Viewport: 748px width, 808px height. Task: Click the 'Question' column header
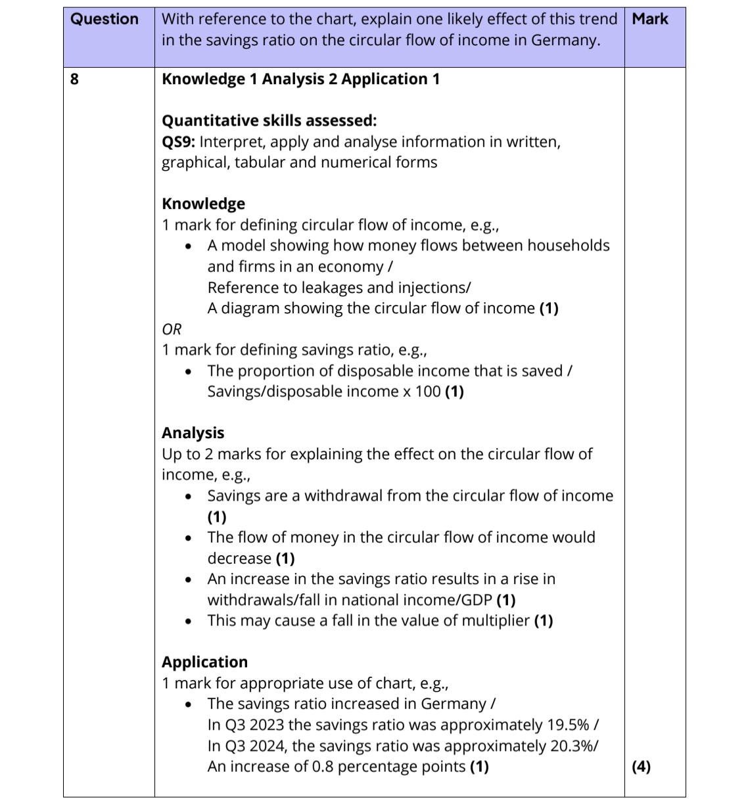pos(105,19)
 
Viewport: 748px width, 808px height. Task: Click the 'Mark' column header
pos(650,19)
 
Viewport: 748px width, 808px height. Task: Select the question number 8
pos(74,79)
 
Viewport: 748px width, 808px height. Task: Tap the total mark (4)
pos(641,767)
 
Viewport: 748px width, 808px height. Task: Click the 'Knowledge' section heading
pos(203,204)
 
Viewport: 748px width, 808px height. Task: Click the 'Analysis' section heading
pos(193,433)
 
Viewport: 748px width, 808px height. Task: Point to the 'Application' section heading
pos(204,662)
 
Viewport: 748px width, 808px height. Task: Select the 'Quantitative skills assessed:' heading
pos(269,121)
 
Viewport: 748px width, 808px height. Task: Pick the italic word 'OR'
pos(172,329)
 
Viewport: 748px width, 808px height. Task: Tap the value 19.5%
pos(567,725)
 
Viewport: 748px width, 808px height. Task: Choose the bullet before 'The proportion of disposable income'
pos(189,372)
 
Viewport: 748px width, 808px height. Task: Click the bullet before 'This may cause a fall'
pos(189,621)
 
